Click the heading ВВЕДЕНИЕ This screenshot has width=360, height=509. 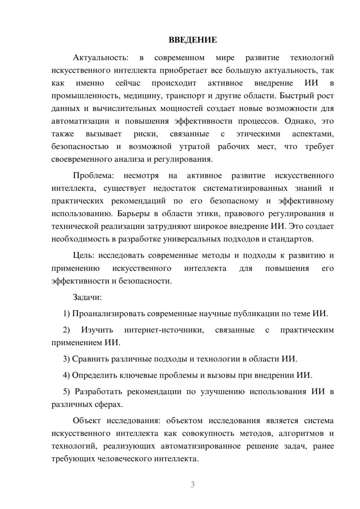(193, 40)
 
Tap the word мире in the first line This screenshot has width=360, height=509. (225, 58)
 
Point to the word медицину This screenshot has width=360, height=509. (142, 96)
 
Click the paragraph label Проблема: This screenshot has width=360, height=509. (93, 176)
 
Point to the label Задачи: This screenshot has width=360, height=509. (87, 297)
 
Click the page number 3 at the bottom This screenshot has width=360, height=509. (193, 485)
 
